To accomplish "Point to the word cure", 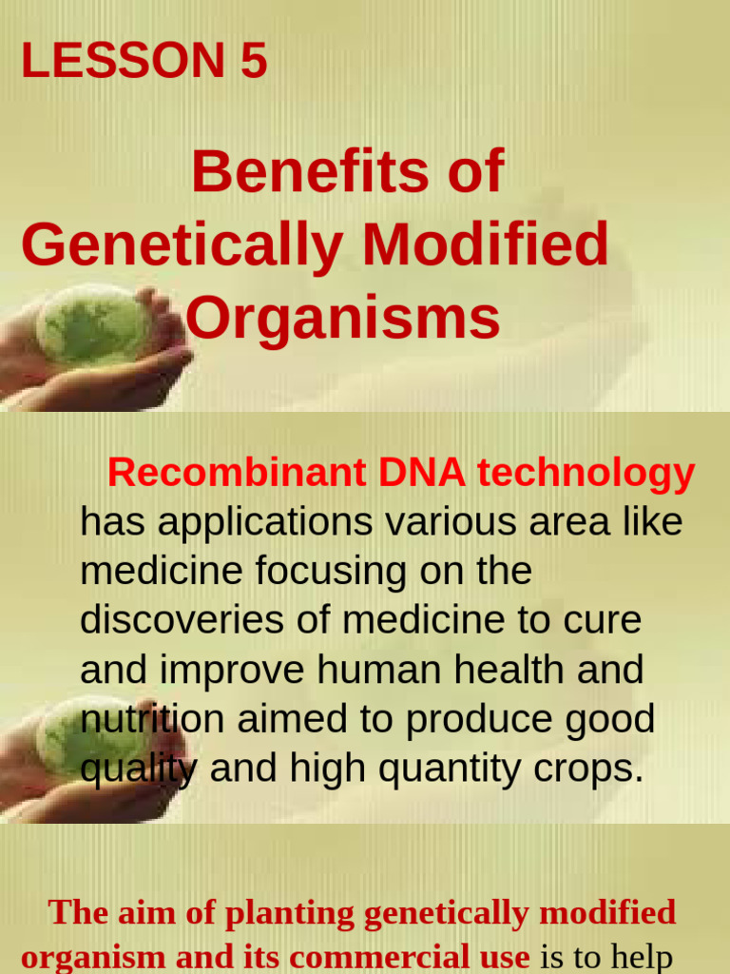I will tap(603, 620).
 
